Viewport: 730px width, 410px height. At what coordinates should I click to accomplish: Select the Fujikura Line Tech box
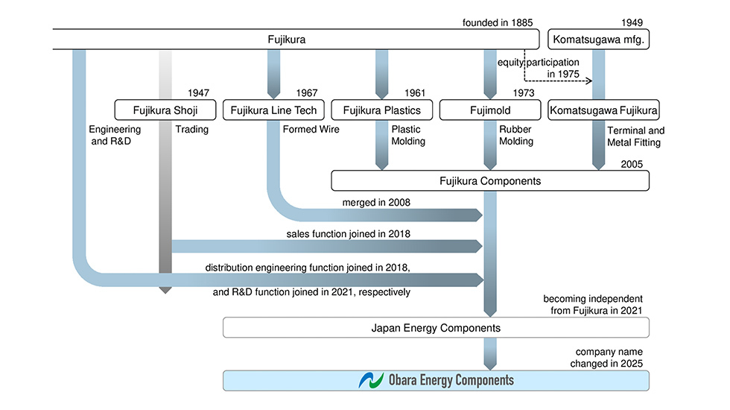pos(274,110)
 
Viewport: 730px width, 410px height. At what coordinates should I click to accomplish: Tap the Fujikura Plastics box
pos(381,110)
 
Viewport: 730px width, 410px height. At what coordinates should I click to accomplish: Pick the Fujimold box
pos(489,110)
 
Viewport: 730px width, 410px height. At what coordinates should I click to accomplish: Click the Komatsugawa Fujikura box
pos(603,110)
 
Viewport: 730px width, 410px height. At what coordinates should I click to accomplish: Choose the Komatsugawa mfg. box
pos(599,40)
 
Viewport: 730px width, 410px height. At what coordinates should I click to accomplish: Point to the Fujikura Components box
pos(489,180)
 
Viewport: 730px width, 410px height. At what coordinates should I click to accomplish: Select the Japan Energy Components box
pos(436,327)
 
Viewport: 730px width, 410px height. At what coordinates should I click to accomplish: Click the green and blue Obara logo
pos(370,380)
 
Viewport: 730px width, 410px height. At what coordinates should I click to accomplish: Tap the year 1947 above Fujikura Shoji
pos(197,93)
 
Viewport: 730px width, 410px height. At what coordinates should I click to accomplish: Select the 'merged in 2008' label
pos(376,203)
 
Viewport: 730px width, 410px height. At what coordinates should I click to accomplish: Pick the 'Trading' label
pos(191,129)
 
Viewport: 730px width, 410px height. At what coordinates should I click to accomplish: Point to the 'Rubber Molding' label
pos(516,135)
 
